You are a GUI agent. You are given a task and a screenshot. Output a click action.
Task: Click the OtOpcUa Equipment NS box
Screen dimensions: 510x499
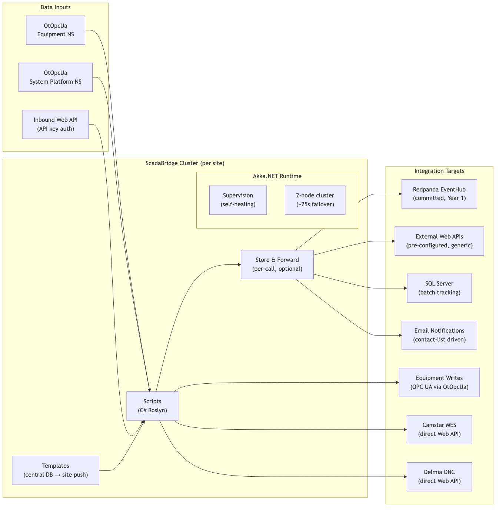56,30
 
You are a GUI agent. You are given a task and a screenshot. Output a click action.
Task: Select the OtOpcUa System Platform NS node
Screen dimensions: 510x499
56,77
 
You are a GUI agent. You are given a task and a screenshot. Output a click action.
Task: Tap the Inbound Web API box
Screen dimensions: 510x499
56,124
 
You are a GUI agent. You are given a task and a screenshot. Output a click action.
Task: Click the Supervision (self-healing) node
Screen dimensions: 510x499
238,200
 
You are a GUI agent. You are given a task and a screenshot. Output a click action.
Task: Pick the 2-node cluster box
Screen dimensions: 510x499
315,200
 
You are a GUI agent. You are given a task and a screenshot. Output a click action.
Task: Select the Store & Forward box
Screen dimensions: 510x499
277,264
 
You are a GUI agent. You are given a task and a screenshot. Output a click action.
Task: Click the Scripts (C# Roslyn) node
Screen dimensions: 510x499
152,406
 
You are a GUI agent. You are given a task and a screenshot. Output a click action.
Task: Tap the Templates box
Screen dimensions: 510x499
56,470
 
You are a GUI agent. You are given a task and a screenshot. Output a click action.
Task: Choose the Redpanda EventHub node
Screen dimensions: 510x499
439,194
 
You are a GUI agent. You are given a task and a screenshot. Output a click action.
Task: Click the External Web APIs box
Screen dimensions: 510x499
439,241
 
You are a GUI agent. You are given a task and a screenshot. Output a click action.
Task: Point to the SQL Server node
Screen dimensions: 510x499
439,288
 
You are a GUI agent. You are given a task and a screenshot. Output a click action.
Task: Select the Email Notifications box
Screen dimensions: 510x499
439,335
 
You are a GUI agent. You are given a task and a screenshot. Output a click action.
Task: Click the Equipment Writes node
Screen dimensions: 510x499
439,382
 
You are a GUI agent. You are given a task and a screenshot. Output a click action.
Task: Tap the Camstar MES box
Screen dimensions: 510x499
439,430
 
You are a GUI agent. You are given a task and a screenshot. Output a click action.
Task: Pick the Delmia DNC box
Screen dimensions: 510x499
439,477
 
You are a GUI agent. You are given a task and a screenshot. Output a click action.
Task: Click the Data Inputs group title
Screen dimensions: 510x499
56,7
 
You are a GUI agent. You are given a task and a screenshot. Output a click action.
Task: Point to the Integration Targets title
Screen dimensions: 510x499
439,171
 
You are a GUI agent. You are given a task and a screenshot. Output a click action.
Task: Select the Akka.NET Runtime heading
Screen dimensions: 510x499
277,176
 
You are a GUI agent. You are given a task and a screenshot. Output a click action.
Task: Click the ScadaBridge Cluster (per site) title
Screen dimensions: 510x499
185,163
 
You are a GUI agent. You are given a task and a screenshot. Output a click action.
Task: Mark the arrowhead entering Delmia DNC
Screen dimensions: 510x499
405,477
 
